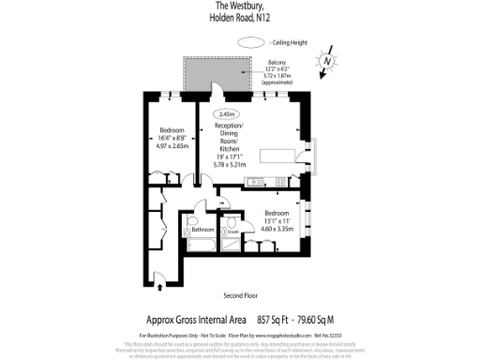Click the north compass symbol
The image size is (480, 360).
pyautogui.click(x=325, y=62)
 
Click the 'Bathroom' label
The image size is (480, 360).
pyautogui.click(x=203, y=230)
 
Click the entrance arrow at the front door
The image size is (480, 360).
pyautogui.click(x=161, y=280)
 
